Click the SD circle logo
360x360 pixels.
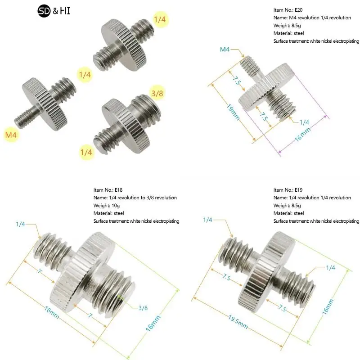pyautogui.click(x=44, y=11)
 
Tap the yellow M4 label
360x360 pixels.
pyautogui.click(x=11, y=135)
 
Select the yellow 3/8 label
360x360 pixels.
pyautogui.click(x=157, y=93)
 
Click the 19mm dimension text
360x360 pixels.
pyautogui.click(x=233, y=112)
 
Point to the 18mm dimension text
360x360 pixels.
pyautogui.click(x=51, y=312)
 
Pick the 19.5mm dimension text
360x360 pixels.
pyautogui.click(x=238, y=322)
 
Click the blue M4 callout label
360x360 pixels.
pyautogui.click(x=225, y=49)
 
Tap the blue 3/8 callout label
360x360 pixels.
pyautogui.click(x=143, y=308)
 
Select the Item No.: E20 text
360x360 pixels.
pyautogui.click(x=288, y=10)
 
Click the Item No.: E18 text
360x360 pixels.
pyautogui.click(x=108, y=190)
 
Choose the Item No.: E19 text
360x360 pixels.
pyautogui.click(x=288, y=190)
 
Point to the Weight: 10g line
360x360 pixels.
pyautogui.click(x=107, y=206)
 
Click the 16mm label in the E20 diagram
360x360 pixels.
pyautogui.click(x=302, y=134)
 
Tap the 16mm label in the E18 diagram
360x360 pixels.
pyautogui.click(x=153, y=324)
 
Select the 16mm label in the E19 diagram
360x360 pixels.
pyautogui.click(x=328, y=307)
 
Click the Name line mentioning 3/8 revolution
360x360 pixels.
pyautogui.click(x=135, y=198)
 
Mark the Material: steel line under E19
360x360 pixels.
pyautogui.click(x=288, y=213)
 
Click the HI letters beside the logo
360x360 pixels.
pyautogui.click(x=65, y=11)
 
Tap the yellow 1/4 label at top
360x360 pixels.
pyautogui.click(x=160, y=19)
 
